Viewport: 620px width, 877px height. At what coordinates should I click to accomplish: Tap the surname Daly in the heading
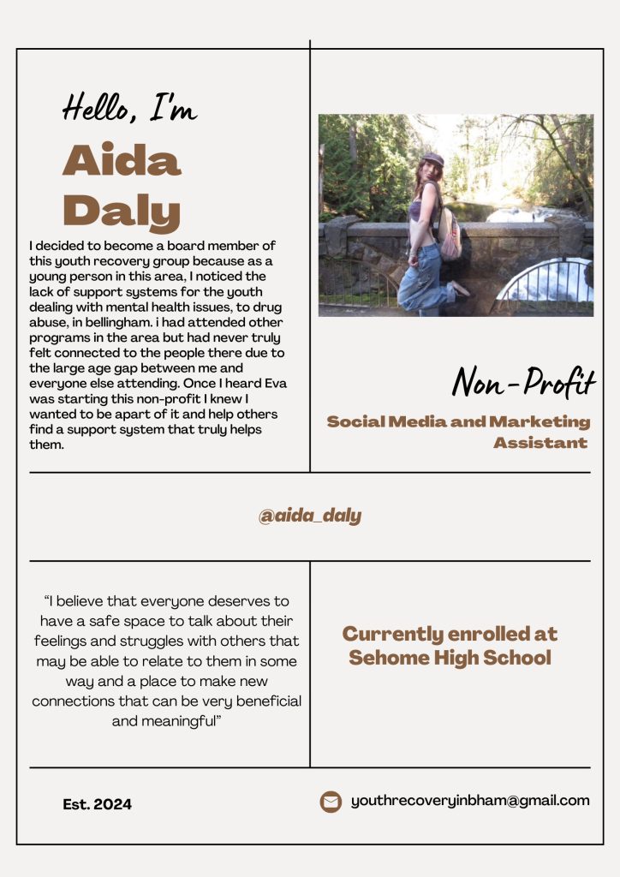[122, 211]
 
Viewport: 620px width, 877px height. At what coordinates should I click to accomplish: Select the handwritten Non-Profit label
[523, 382]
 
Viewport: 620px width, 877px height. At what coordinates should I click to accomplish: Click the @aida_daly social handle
[310, 516]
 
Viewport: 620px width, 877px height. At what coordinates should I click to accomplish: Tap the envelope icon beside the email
[331, 802]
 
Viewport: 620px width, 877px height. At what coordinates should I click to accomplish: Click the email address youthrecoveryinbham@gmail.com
[470, 801]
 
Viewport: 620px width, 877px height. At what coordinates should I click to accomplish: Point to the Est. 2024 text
[98, 804]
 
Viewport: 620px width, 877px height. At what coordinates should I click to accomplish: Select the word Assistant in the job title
[540, 443]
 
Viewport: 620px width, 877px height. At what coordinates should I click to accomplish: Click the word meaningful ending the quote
[185, 720]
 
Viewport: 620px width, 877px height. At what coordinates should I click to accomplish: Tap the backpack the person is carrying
[450, 232]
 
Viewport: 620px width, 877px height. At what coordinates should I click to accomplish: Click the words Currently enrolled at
[450, 634]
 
